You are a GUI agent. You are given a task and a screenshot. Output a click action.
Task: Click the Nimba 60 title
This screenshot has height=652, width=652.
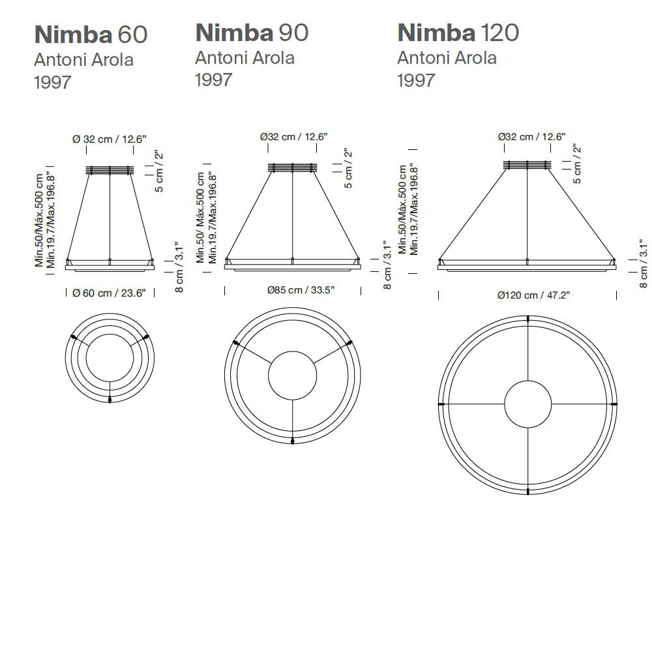pos(91,35)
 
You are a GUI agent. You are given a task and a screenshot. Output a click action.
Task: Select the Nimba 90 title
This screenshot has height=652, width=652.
pos(252,33)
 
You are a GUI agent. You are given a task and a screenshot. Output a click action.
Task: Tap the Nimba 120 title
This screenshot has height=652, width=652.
pos(458,33)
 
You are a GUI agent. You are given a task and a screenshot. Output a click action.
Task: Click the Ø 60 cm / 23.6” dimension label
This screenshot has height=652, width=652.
pos(109,293)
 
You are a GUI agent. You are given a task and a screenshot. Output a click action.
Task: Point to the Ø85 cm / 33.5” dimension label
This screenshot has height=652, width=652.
pos(301,290)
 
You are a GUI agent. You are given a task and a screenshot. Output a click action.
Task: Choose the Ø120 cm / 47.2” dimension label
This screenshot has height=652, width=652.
pos(533,295)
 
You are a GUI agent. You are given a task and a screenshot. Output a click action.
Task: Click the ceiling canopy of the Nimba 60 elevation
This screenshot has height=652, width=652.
pos(110,170)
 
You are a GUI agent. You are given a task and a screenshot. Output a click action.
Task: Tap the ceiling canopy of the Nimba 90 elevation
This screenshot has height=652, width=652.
pos(292,168)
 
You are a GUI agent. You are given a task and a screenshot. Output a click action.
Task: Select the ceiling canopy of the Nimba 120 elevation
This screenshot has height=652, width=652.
pos(527,165)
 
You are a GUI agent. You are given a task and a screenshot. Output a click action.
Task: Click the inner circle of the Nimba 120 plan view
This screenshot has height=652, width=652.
pos(527,381)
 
